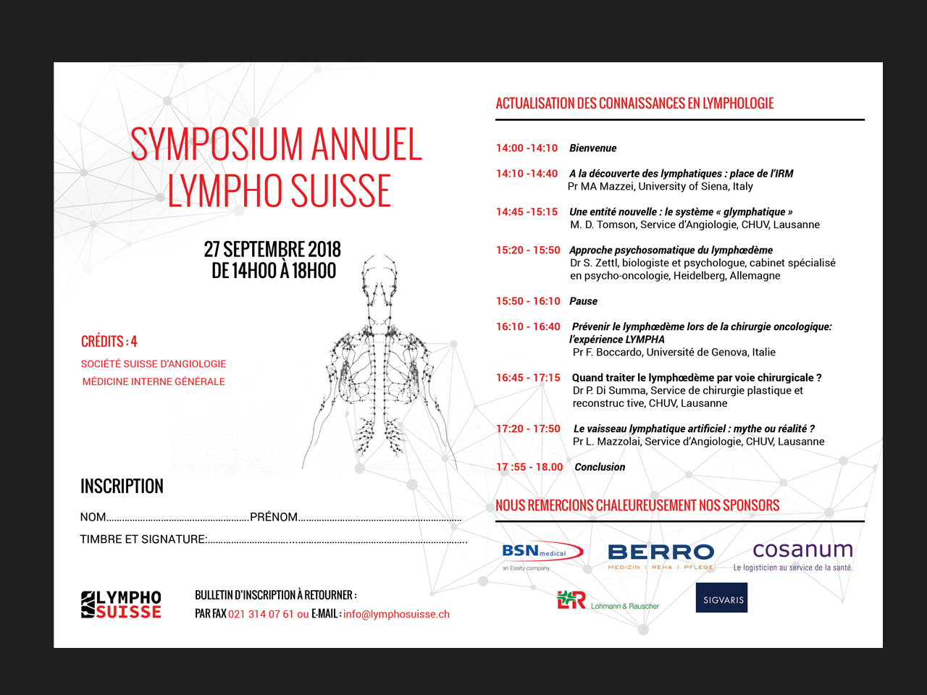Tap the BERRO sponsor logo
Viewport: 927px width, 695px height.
[660, 556]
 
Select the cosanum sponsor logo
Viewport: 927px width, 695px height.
[802, 555]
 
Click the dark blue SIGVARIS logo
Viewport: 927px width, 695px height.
[721, 598]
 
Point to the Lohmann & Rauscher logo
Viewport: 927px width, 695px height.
[608, 601]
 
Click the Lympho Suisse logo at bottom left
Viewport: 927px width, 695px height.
[121, 605]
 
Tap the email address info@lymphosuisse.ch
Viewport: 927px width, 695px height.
[396, 614]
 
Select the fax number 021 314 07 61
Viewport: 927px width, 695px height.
[261, 614]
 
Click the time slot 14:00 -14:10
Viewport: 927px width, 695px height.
[527, 148]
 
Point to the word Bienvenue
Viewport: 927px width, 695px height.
[592, 148]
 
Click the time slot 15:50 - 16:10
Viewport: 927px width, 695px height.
[528, 301]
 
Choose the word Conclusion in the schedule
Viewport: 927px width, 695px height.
[600, 467]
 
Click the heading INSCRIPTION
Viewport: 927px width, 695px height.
[122, 486]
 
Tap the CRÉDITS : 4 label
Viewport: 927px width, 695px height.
[109, 342]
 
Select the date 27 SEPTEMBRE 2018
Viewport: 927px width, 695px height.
[272, 250]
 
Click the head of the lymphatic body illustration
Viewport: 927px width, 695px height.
[379, 279]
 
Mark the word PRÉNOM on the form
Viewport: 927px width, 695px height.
[274, 517]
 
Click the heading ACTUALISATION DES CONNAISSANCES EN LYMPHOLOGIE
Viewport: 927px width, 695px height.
[634, 104]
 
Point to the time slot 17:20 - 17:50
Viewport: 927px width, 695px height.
[528, 429]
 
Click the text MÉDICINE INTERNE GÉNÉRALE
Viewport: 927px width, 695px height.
[154, 382]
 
